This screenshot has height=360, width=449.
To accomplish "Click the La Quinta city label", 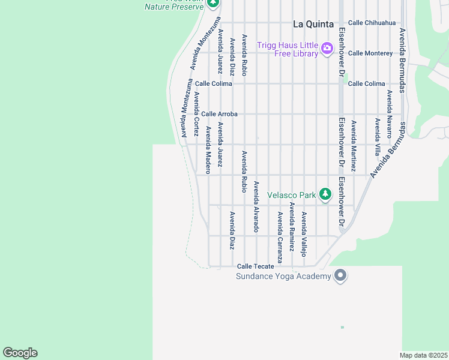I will pos(313,25).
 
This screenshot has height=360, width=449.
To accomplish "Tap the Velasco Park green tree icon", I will pos(325,194).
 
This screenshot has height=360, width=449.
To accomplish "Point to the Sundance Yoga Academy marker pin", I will pos(340,276).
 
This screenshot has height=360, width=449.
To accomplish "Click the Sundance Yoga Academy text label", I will pos(283,276).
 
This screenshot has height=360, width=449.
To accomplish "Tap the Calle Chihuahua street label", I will pos(372,23).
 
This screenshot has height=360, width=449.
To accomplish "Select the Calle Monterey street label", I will pos(370,53).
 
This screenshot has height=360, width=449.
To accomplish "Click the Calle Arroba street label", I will pos(219,114).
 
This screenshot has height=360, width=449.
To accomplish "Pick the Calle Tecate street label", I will pos(256,266).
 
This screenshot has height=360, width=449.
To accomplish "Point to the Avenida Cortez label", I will pos(196,114).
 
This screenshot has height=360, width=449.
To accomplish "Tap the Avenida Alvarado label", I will pos(256,207).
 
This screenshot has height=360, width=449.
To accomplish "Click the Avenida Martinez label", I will pos(353,146).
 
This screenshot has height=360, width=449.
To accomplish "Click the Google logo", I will pos(20,353).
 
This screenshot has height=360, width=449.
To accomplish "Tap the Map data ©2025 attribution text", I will pos(423,355).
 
